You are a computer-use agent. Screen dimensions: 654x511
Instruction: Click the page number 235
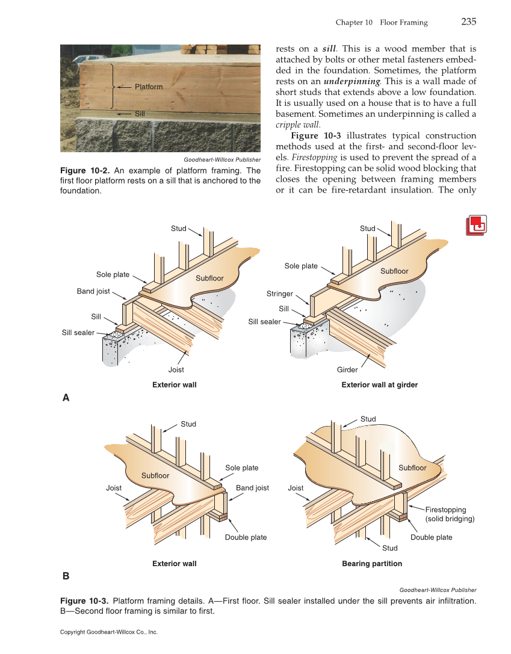468,22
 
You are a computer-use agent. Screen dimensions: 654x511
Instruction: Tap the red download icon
477,225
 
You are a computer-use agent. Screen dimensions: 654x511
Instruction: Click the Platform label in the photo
148,87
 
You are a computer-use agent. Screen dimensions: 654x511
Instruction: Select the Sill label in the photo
140,113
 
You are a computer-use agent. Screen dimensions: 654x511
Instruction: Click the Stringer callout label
279,294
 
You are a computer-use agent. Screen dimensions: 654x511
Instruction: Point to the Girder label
347,369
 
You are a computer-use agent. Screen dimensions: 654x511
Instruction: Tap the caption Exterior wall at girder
379,384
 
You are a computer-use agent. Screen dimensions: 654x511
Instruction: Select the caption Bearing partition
372,564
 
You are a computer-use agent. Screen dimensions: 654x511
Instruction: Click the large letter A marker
66,398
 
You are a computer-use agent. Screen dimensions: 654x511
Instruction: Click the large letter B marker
66,576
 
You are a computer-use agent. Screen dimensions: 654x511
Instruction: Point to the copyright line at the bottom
109,632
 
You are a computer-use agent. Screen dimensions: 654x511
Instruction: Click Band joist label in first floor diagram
93,291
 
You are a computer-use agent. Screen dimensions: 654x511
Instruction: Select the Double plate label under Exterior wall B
246,537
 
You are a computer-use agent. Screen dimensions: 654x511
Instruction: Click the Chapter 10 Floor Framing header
382,22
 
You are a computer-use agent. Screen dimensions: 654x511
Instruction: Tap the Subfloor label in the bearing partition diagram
412,467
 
